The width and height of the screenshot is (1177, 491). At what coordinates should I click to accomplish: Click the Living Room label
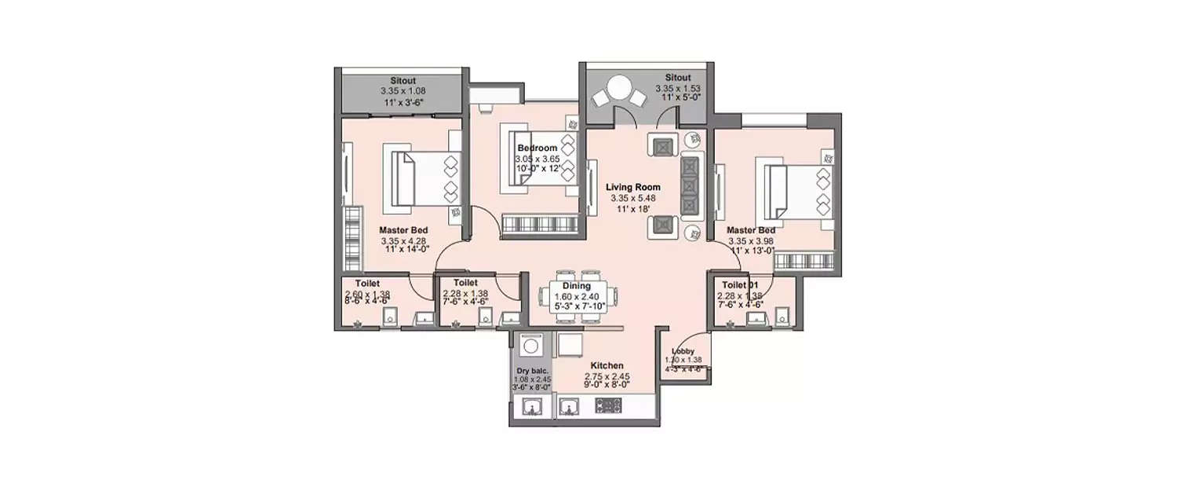click(x=632, y=188)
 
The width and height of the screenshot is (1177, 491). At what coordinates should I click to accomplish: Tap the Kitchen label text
click(x=607, y=365)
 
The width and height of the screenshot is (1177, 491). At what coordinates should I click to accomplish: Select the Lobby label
click(x=682, y=351)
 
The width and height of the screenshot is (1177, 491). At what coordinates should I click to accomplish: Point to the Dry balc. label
click(x=532, y=371)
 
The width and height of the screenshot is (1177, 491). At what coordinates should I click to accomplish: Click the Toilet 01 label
click(x=740, y=284)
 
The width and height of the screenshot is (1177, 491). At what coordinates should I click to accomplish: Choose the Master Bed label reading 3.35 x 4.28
click(x=403, y=230)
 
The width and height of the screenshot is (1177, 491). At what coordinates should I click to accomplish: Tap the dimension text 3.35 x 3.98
click(x=751, y=241)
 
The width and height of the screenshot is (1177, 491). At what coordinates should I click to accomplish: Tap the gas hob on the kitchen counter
click(x=610, y=406)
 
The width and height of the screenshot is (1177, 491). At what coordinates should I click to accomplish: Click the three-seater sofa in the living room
click(x=690, y=186)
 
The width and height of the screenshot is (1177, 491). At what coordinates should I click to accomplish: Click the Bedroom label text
click(x=537, y=148)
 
